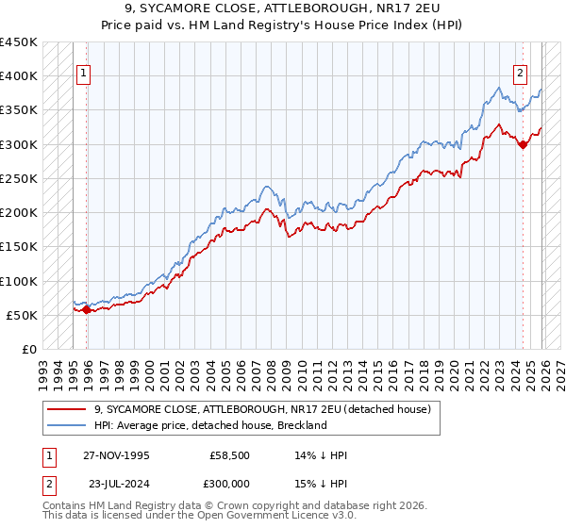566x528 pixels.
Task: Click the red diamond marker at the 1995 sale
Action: (x=87, y=309)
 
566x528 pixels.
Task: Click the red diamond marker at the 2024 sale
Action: (x=523, y=144)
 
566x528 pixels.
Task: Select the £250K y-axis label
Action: (x=19, y=178)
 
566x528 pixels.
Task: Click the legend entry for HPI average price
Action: (x=210, y=425)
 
